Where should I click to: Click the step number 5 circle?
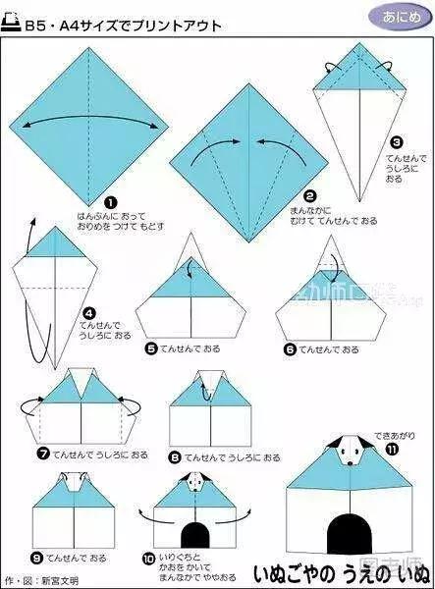151,348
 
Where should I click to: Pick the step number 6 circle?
290,348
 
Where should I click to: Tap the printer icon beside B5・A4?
13,15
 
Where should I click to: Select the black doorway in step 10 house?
196,535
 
